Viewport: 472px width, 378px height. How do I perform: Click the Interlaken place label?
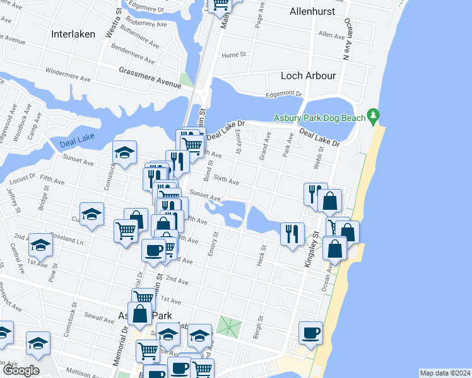(x=73, y=34)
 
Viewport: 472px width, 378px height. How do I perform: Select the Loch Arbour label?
(x=308, y=76)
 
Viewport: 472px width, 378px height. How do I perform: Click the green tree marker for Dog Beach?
(x=374, y=116)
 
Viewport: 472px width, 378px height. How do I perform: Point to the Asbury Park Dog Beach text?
(x=319, y=118)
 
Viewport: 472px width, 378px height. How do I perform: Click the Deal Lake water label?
(x=77, y=144)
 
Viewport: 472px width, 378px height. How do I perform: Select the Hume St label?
(x=233, y=55)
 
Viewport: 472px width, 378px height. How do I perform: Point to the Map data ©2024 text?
(x=444, y=373)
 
